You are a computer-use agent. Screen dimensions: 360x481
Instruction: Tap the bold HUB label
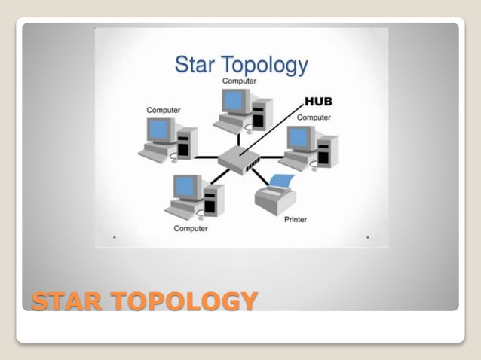[319, 101]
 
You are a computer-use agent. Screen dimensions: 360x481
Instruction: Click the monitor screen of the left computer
[159, 130]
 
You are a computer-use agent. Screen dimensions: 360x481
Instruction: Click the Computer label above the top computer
[238, 81]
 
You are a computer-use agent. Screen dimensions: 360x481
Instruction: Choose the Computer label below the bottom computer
[191, 228]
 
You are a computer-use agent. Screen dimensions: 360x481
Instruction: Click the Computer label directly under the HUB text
[314, 117]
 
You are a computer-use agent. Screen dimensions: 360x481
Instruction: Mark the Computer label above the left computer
[163, 110]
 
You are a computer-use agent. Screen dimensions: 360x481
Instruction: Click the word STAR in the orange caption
[66, 301]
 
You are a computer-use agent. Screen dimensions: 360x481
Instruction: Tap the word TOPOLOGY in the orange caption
[182, 301]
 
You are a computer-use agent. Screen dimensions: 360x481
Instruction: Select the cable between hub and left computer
[205, 157]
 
